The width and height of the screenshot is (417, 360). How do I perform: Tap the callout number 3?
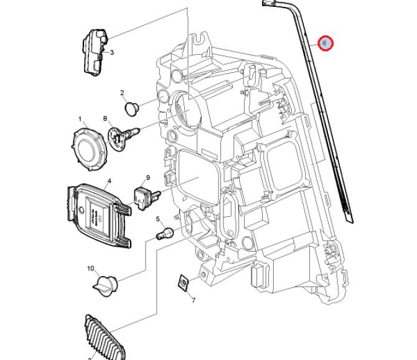pos(112,52)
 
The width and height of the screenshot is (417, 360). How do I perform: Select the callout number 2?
pos(123,93)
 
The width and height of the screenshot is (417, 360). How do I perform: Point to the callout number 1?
pos(80,118)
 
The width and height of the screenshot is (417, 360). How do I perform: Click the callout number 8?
pos(105,118)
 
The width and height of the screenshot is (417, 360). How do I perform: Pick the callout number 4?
pos(109,182)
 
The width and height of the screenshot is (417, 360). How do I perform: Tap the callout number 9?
pos(148,178)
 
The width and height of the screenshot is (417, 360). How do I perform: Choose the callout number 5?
pos(159,219)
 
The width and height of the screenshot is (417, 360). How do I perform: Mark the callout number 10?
pos(90,268)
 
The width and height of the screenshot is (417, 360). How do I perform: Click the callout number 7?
pos(193,301)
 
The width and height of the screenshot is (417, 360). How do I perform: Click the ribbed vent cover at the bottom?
pos(103,338)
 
